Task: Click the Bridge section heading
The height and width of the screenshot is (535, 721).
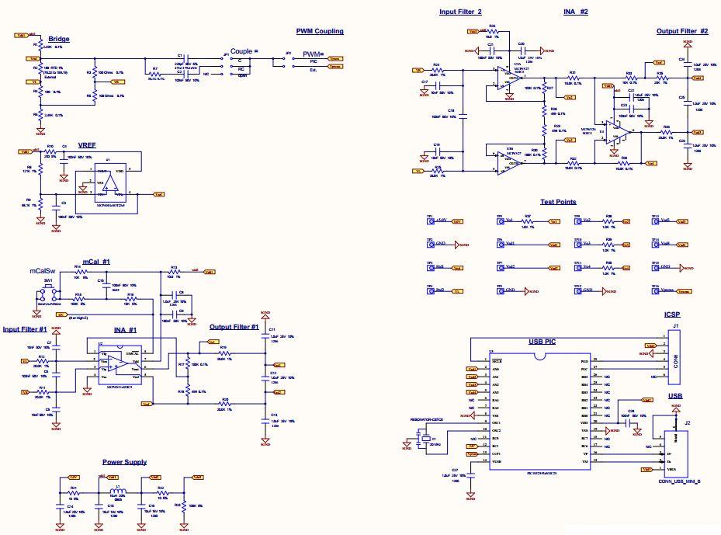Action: pyautogui.click(x=58, y=40)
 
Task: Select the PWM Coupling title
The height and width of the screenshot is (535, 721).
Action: pyautogui.click(x=319, y=32)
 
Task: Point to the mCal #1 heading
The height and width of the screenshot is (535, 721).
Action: pyautogui.click(x=96, y=262)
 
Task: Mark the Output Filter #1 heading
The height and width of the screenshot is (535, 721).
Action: pyautogui.click(x=234, y=327)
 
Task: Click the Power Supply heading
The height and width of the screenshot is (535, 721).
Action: pyautogui.click(x=124, y=462)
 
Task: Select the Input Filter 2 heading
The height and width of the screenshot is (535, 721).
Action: pyautogui.click(x=460, y=12)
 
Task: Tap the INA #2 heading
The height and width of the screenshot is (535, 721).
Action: pyautogui.click(x=576, y=12)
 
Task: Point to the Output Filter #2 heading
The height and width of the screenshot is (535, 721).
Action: pyautogui.click(x=682, y=32)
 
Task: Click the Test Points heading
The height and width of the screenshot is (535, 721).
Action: pyautogui.click(x=558, y=202)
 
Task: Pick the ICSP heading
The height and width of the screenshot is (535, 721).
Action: pyautogui.click(x=671, y=315)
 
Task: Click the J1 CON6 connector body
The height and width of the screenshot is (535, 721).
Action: pyautogui.click(x=675, y=356)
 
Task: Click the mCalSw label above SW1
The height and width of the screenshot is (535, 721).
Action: pyautogui.click(x=41, y=272)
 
